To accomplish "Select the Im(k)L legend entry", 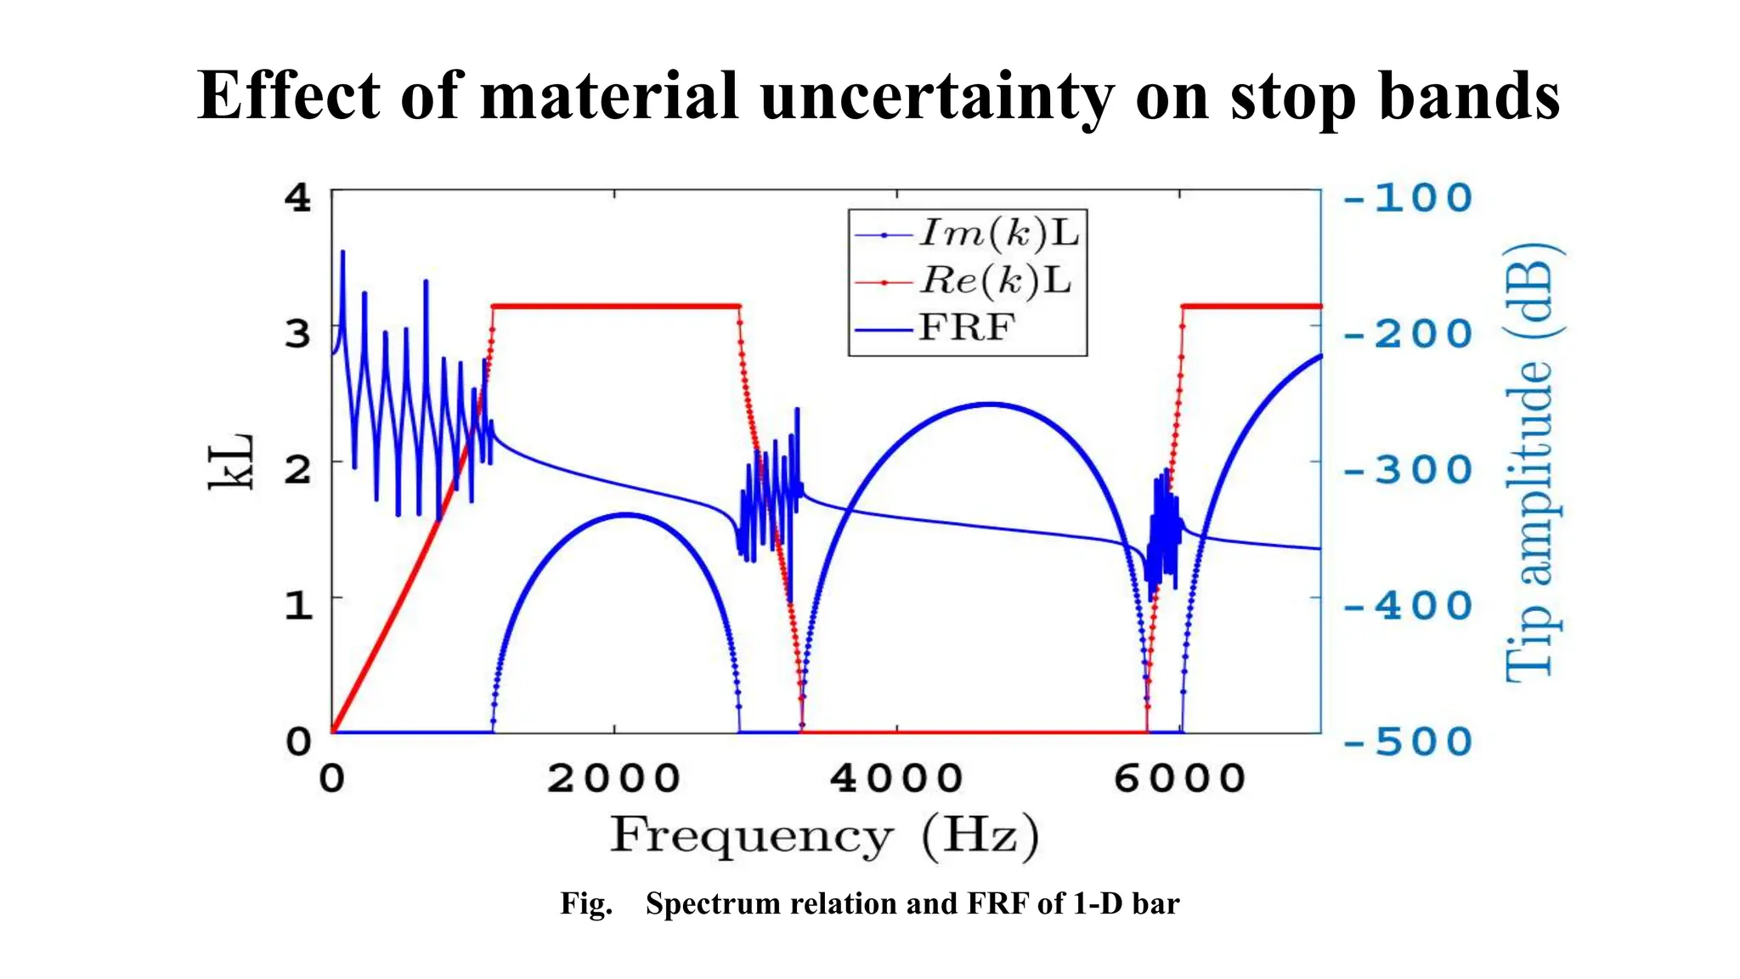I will click(997, 233).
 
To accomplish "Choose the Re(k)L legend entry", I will click(994, 280).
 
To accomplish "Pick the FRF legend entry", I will click(966, 327).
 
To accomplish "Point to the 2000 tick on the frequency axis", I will click(613, 778).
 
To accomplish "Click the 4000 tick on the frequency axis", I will click(896, 778).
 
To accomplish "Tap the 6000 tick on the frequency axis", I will click(1179, 778).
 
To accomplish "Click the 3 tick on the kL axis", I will click(298, 333).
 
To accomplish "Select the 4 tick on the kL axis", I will click(298, 198).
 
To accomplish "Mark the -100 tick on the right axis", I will click(1408, 198).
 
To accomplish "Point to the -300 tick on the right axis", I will click(1408, 470).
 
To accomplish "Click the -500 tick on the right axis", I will click(1408, 742).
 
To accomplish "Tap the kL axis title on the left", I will click(232, 461).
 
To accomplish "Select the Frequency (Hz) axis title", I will click(824, 835).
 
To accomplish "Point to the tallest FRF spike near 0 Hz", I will click(342, 252).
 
